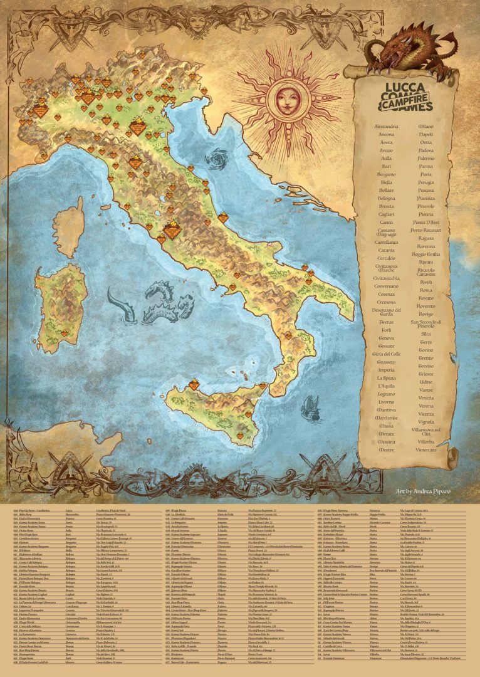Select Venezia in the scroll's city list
426,397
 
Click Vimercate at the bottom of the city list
426,449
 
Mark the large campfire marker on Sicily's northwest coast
194,384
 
